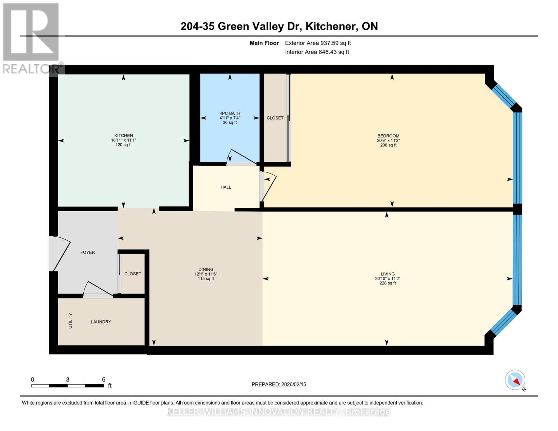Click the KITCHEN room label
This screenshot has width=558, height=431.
(124, 136)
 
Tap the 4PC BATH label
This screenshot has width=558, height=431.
(230, 113)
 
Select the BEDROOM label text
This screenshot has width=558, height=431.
(388, 136)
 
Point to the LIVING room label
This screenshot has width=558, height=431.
(387, 274)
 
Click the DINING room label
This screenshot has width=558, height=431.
(206, 270)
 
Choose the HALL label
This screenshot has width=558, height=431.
(226, 187)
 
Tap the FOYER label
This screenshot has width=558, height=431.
(88, 252)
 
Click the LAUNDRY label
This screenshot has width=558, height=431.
(101, 322)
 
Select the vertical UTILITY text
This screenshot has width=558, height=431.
(70, 321)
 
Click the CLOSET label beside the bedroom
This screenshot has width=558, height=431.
(275, 118)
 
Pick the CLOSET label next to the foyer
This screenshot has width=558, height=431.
(133, 274)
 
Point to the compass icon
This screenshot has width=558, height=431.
(515, 380)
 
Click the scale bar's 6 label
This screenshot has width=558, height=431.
(103, 380)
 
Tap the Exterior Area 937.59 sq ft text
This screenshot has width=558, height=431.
(318, 43)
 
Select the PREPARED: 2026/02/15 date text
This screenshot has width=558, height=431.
(279, 384)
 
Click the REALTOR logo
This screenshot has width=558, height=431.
(31, 38)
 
